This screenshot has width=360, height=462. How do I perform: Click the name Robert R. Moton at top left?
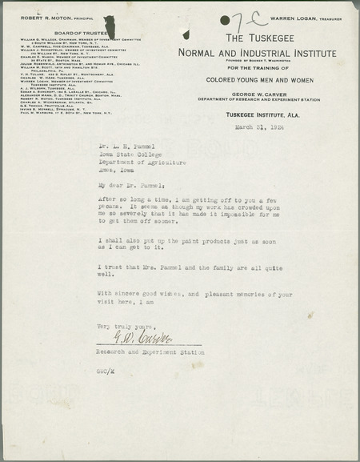(39, 17)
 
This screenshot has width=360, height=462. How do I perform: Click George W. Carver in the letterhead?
(266, 104)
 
